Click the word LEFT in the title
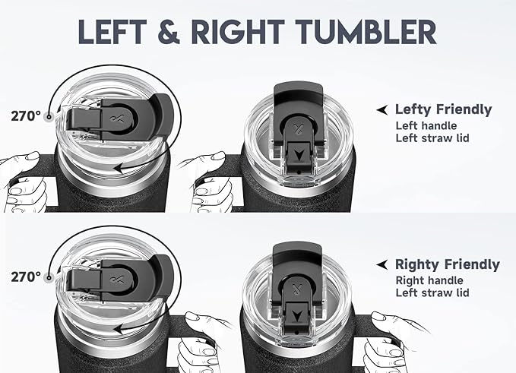[x=112, y=32]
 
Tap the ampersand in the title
[x=169, y=32]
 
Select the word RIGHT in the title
[x=238, y=32]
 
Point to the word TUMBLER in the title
[x=366, y=32]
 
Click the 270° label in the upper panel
[x=26, y=116]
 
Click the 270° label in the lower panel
[x=26, y=277]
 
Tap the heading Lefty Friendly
[x=443, y=109]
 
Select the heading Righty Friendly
[x=447, y=264]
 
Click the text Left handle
[x=426, y=125]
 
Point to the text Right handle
[x=429, y=280]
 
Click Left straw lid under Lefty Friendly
[x=432, y=138]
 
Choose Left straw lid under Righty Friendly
[x=432, y=292]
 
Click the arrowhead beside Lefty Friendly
[x=382, y=110]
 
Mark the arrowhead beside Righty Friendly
[x=382, y=264]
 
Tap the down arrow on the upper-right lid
[x=299, y=155]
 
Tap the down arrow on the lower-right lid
[x=298, y=316]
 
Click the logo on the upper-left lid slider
[x=119, y=119]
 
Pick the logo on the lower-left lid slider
[x=119, y=280]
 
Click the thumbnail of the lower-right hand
[x=378, y=316]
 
